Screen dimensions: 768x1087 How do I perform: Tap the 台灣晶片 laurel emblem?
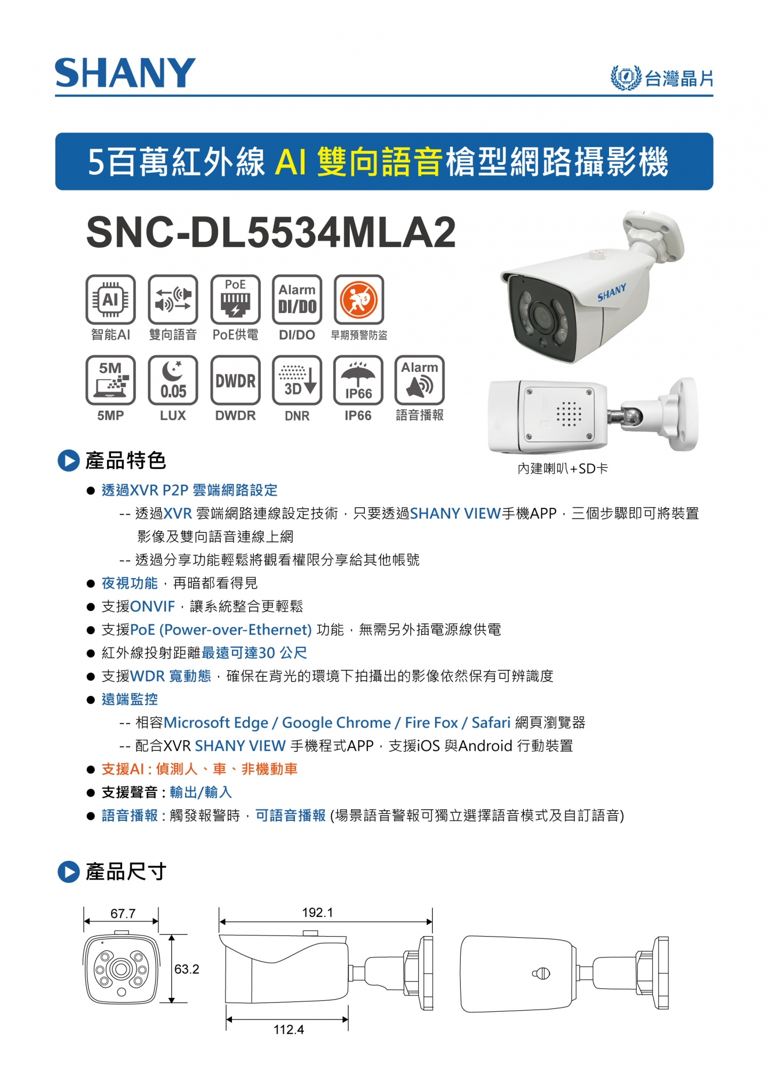tap(626, 78)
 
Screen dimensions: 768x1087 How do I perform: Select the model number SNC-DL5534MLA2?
tap(271, 233)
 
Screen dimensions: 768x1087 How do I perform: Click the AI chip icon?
tap(110, 299)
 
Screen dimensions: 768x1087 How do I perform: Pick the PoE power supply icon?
tap(235, 299)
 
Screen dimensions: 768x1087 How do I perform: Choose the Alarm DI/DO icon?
tap(297, 299)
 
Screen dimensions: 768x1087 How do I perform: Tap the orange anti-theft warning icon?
tap(359, 299)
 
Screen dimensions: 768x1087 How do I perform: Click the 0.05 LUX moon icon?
tap(173, 380)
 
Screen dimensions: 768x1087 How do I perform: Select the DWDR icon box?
tap(235, 380)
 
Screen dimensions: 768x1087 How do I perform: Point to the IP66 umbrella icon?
tap(358, 380)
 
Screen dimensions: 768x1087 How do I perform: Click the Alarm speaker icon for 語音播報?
tap(420, 380)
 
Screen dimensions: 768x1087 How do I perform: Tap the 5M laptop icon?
tap(110, 380)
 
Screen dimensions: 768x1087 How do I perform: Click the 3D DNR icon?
tap(297, 380)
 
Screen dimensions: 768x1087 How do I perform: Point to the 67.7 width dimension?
tap(123, 914)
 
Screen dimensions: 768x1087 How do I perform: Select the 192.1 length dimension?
tap(317, 913)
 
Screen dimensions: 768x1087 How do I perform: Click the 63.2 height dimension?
tap(187, 969)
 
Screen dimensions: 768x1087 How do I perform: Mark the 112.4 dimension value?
tap(289, 1029)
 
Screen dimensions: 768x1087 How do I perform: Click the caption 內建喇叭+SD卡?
tap(563, 468)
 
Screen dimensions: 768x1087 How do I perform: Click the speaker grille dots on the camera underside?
tap(569, 414)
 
